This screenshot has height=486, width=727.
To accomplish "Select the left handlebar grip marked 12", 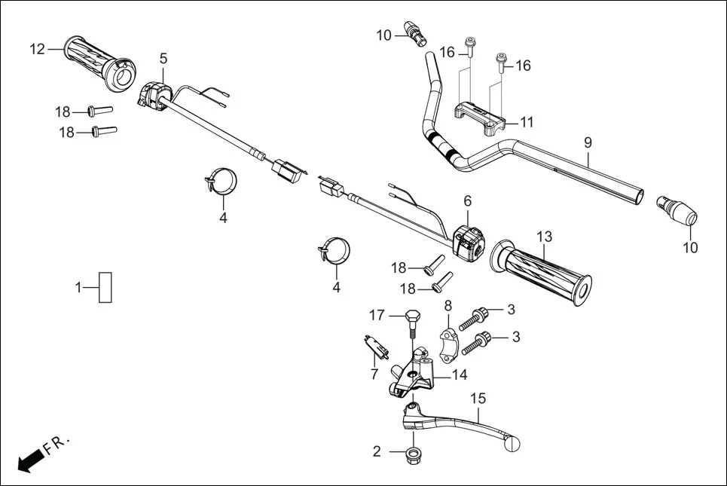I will click(98, 60).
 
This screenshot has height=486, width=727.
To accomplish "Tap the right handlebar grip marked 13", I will click(541, 273).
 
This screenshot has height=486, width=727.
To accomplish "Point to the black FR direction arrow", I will click(29, 459).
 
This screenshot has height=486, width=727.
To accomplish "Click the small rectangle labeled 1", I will click(105, 287).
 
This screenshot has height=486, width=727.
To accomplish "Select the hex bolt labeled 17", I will click(412, 321).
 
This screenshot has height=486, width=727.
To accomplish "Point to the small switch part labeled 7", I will click(377, 346).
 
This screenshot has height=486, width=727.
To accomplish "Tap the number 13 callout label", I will click(544, 237).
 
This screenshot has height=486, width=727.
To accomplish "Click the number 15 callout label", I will click(478, 399).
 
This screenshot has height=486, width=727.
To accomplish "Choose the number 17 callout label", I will click(377, 314).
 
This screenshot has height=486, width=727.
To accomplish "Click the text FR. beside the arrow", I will click(57, 444).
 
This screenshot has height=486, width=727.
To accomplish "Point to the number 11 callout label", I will click(526, 121).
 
